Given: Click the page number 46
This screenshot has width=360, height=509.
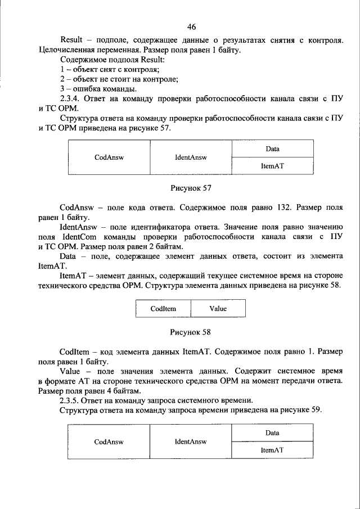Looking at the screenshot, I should pos(191,27).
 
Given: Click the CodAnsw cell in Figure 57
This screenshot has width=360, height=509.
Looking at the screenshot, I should pos(109,157).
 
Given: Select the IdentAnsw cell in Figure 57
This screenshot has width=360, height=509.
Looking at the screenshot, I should pos(191,157).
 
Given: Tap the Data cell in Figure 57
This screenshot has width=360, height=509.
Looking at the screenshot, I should pos(273,149).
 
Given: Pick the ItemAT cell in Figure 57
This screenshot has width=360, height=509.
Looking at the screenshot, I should pos(273,166).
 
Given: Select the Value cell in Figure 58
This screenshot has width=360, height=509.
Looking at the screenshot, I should pos(218,309).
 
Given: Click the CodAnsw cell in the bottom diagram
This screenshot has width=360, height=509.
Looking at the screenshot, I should pos(109,442).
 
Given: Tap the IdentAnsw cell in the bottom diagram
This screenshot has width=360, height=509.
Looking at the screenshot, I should pos(191,442).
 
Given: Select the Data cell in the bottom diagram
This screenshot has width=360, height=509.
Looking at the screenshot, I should pos(273,433).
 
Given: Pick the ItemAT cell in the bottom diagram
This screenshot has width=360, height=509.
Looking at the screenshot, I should pos(273,450).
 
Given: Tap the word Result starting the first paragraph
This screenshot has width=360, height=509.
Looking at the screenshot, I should pos(71,40).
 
